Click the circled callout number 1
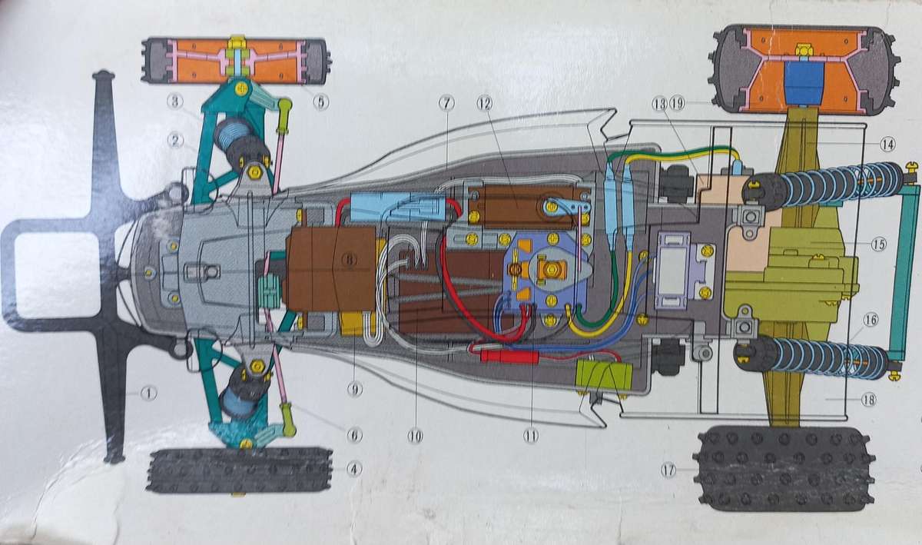[148, 394]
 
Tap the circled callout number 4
[354, 469]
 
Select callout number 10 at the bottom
[415, 436]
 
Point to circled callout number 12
[485, 103]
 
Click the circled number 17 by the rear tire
[668, 470]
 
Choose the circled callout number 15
[878, 244]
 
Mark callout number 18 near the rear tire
[869, 399]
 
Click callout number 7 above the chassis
[446, 103]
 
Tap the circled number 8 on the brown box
[350, 260]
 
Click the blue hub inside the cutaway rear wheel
[804, 82]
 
